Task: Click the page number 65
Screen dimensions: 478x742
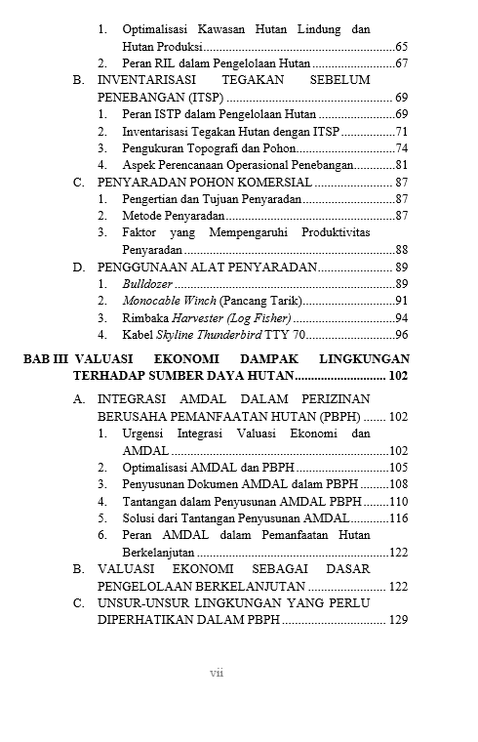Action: pos(401,47)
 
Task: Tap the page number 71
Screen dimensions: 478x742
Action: pos(401,132)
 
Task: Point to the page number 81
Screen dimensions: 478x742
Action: pos(401,165)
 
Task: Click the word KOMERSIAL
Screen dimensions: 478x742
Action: pos(267,183)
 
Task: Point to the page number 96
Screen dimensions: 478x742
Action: pos(401,334)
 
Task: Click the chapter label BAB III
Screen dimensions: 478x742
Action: pos(45,359)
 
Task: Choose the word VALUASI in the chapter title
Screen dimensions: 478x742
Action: pos(105,359)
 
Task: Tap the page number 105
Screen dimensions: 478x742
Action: pos(398,468)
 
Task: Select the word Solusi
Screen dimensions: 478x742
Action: pos(141,518)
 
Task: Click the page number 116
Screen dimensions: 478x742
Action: pos(398,518)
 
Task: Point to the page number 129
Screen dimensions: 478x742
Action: pos(398,620)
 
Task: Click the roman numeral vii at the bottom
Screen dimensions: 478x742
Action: pos(217,674)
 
